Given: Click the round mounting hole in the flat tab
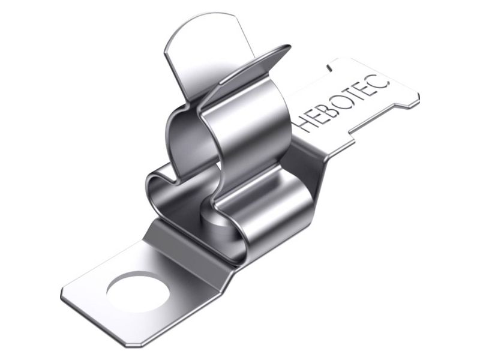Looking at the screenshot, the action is coord(137,291).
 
